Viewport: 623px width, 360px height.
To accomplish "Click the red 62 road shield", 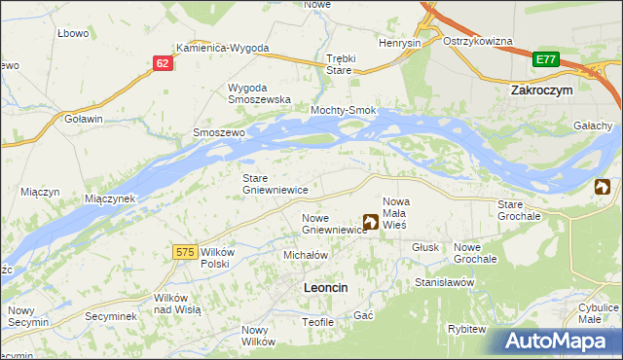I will (163, 62).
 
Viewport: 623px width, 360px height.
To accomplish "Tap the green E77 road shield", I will (545, 60).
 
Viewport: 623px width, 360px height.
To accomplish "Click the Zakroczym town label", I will (540, 89).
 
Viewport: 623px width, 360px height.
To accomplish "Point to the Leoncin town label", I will (326, 287).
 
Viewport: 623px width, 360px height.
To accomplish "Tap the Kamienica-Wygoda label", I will (222, 48).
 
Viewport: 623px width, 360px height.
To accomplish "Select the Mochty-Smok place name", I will (343, 111).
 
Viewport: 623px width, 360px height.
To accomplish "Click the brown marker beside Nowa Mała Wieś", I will (371, 222).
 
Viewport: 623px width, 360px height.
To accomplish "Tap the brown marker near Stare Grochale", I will (603, 187).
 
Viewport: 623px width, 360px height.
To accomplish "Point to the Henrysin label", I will (401, 44).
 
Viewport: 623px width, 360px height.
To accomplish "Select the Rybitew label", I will (466, 329).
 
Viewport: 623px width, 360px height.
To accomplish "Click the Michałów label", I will (304, 254).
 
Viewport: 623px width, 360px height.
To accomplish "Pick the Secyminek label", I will (109, 316).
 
